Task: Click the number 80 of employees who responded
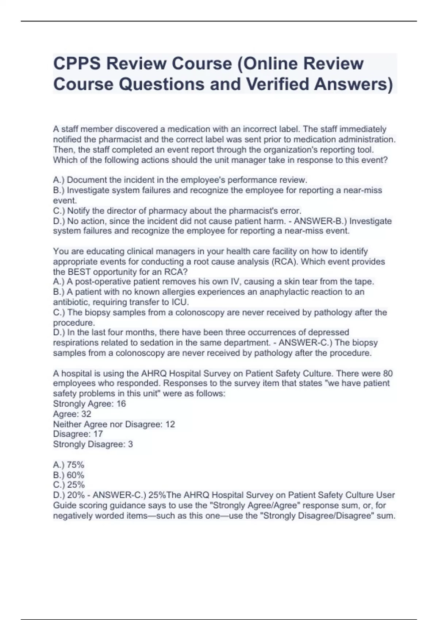388,373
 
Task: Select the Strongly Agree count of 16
121,404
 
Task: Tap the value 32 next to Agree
86,414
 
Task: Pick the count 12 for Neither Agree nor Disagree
170,424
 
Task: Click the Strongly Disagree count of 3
130,444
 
